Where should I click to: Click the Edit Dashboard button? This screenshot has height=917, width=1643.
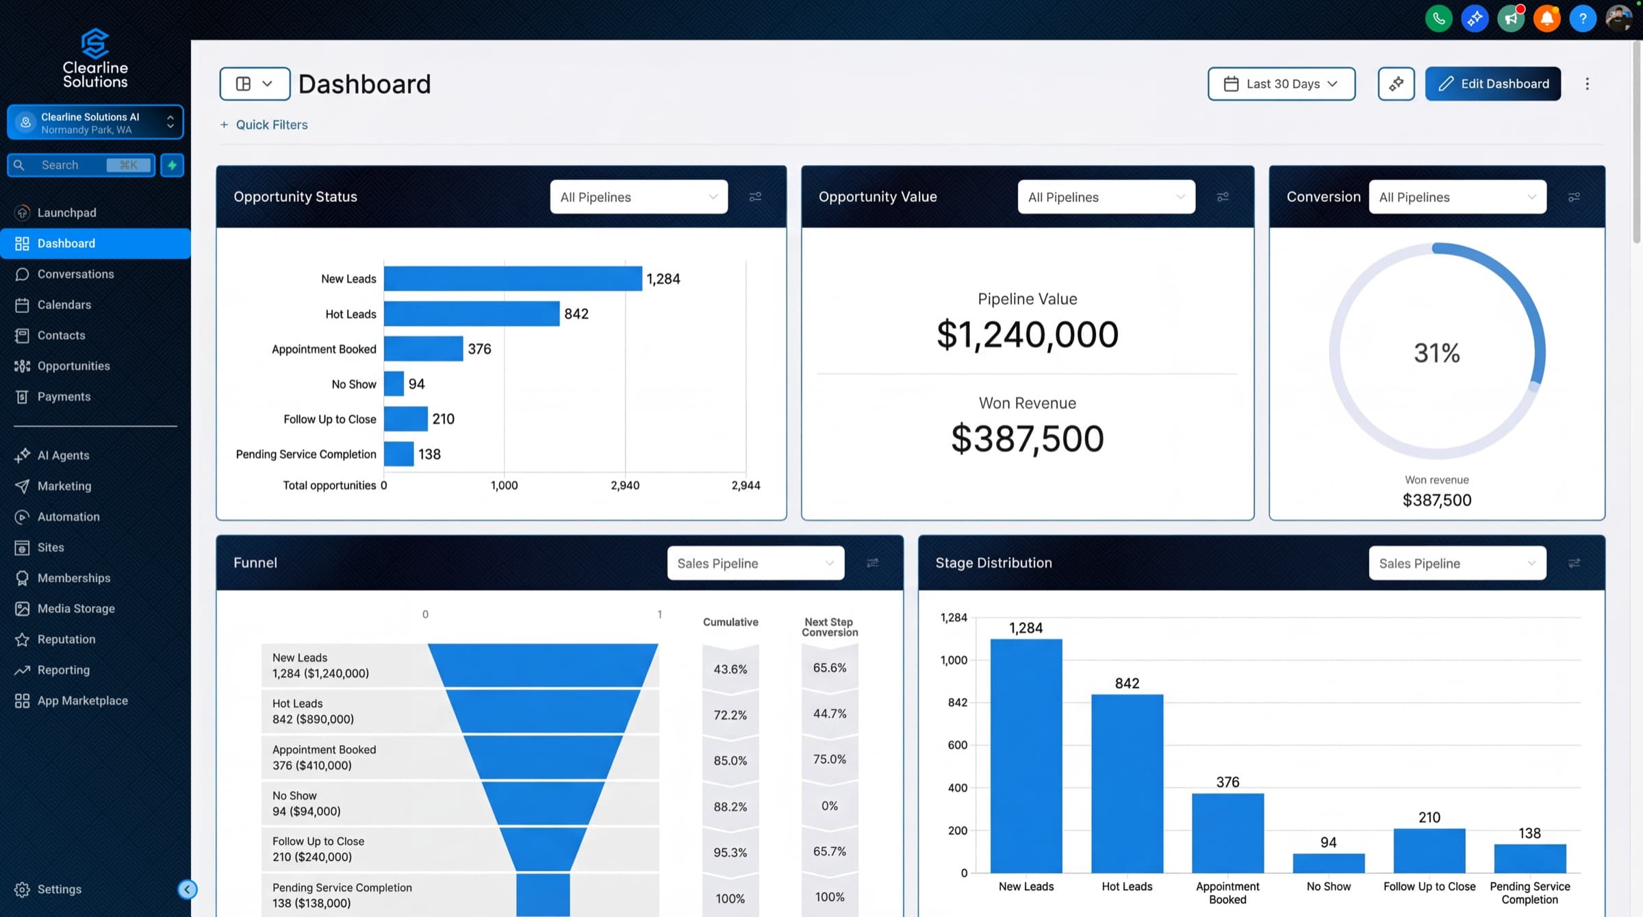1492,84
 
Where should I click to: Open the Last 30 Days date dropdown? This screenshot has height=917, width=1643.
1281,84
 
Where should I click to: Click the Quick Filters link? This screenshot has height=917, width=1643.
271,125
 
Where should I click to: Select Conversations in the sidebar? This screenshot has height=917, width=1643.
75,274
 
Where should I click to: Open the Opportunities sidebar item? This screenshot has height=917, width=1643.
73,366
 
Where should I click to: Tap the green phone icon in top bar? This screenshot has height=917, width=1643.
1438,18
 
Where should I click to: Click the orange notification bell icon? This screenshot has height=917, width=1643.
1546,18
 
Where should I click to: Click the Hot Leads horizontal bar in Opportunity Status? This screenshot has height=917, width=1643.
471,314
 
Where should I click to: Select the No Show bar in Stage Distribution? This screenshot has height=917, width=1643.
1328,863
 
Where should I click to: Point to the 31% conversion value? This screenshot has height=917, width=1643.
1436,353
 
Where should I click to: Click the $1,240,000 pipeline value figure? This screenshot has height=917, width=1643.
1027,335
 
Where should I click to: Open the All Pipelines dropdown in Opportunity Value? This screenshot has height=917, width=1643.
1106,197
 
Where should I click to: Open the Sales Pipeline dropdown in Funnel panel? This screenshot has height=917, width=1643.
755,563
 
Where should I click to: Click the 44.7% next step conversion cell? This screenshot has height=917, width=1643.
829,714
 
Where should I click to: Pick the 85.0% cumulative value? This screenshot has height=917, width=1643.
730,760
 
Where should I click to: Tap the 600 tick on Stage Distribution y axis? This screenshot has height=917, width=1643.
957,745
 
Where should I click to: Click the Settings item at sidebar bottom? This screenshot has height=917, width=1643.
59,889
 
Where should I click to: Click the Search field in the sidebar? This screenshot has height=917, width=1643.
72,165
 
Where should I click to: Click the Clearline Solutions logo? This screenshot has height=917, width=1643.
95,58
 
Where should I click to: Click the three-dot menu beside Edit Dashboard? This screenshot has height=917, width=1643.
1587,84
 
